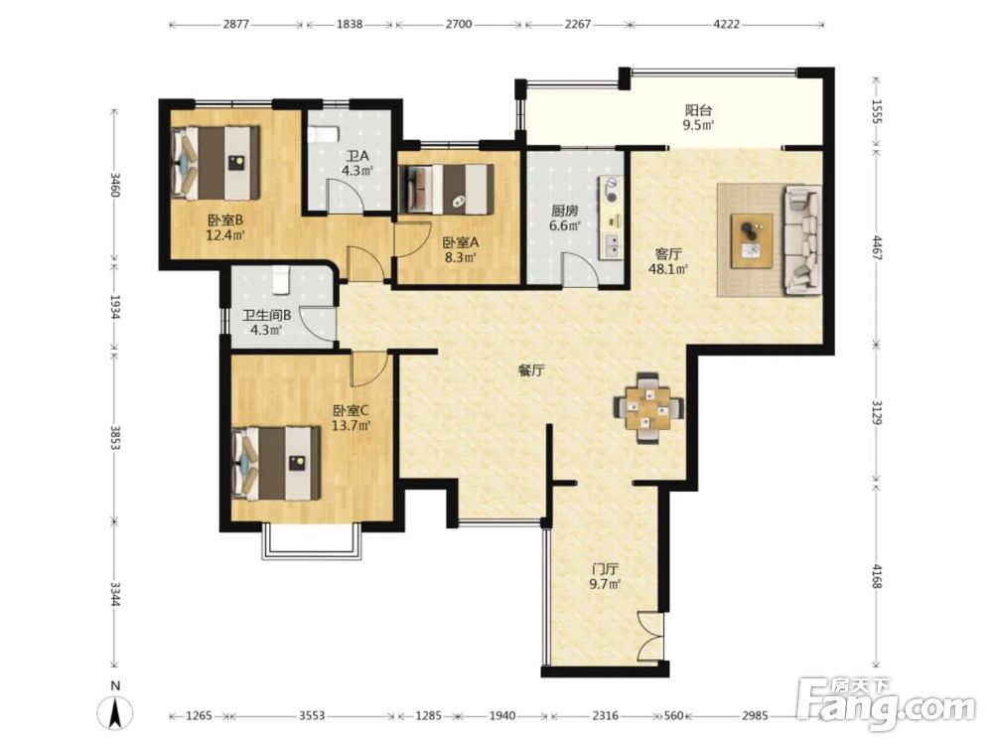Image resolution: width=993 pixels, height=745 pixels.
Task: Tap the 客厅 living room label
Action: pos(668,254)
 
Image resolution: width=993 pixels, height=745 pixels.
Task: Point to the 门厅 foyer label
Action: pos(605,569)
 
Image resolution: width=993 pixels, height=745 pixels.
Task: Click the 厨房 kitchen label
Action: pos(564,211)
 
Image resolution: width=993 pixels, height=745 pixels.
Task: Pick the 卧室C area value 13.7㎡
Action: pos(351,426)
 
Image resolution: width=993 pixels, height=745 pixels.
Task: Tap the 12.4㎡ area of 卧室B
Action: pos(225,235)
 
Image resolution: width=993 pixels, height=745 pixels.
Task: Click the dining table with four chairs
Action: pos(647,408)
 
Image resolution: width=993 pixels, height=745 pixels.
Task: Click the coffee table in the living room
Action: pos(752,240)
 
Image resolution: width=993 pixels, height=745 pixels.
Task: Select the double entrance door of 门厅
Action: pos(649,636)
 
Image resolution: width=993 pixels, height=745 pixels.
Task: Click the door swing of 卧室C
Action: pos(369,369)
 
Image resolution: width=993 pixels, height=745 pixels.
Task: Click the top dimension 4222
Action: pos(727,25)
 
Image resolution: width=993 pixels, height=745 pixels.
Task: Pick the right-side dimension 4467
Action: pos(877,247)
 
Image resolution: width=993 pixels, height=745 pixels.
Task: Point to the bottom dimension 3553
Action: pos(312,716)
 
